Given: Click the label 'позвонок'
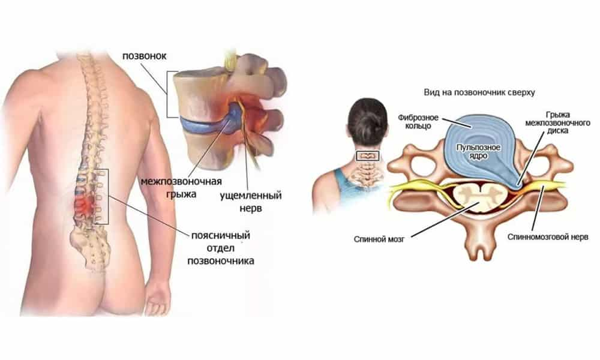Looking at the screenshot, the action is (x=144, y=56).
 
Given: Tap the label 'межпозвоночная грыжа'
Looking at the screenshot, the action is (x=181, y=187).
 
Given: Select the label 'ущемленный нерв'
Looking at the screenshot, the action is (x=251, y=202).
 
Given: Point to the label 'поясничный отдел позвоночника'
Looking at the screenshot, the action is (x=220, y=248).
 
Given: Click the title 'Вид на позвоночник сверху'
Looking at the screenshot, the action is (x=479, y=92).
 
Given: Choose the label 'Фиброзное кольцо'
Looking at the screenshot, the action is (x=418, y=122).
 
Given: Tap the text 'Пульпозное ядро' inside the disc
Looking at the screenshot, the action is (x=478, y=151).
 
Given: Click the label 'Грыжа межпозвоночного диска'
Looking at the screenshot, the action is (x=557, y=123).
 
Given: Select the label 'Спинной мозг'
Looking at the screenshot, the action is (x=379, y=239).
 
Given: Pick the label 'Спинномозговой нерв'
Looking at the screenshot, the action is (x=548, y=237).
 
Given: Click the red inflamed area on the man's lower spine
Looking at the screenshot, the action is (x=85, y=205).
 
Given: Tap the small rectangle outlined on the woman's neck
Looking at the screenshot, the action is (x=367, y=156).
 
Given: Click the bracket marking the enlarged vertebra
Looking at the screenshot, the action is (x=167, y=94).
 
